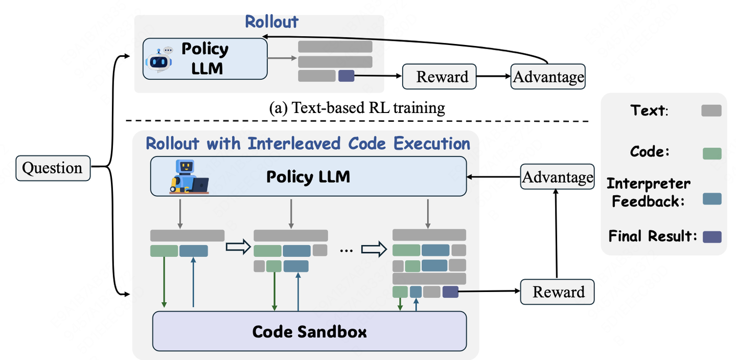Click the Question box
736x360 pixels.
[x=53, y=168]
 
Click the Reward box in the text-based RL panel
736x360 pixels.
[x=440, y=77]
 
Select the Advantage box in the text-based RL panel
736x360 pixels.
[x=548, y=77]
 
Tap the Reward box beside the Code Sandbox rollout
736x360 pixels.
[x=558, y=292]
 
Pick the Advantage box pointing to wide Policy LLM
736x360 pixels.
[x=557, y=177]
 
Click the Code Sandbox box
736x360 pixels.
[x=310, y=331]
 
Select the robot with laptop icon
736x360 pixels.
[x=188, y=177]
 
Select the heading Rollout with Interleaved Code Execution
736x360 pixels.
[x=308, y=143]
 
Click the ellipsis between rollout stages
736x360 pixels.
[x=346, y=251]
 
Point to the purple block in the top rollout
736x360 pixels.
[x=346, y=76]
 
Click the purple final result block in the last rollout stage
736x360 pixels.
[x=450, y=292]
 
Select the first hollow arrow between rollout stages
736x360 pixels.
[x=238, y=248]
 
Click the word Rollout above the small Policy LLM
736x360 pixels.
[x=271, y=22]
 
